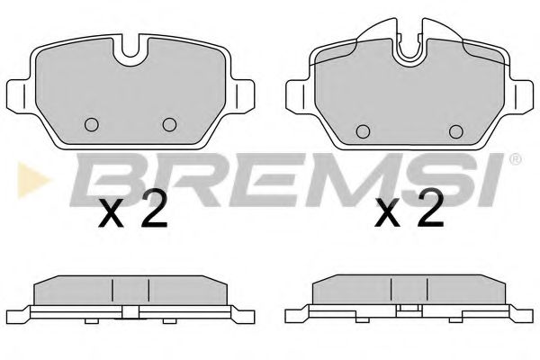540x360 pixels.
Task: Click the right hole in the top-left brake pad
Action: pyautogui.click(x=168, y=125)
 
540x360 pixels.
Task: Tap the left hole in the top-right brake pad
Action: pyautogui.click(x=364, y=131)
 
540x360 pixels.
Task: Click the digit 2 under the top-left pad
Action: pyautogui.click(x=154, y=211)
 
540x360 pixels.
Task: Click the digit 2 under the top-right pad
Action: pyautogui.click(x=430, y=211)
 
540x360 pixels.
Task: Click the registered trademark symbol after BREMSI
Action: pyautogui.click(x=515, y=160)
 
